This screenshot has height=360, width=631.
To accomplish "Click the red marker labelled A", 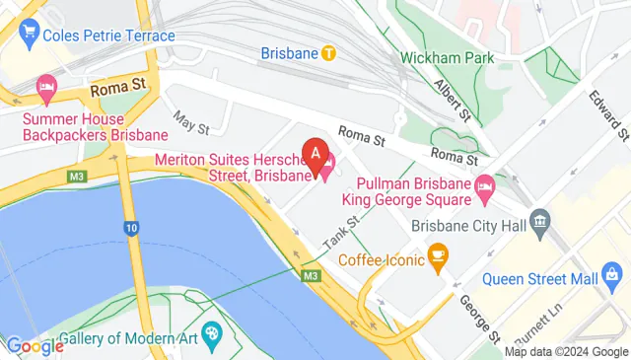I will (x=315, y=154).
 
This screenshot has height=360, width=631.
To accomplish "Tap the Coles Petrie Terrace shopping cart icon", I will (x=28, y=36).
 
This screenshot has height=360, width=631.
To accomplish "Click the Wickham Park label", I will (x=454, y=58).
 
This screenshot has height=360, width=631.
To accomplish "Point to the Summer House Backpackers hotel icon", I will (x=46, y=90).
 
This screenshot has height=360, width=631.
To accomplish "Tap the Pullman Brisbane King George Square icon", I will (x=484, y=184).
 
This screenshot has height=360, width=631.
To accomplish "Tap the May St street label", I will (x=191, y=122).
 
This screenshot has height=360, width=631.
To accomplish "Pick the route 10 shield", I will (x=131, y=228).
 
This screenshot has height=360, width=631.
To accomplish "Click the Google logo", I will (x=35, y=345).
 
